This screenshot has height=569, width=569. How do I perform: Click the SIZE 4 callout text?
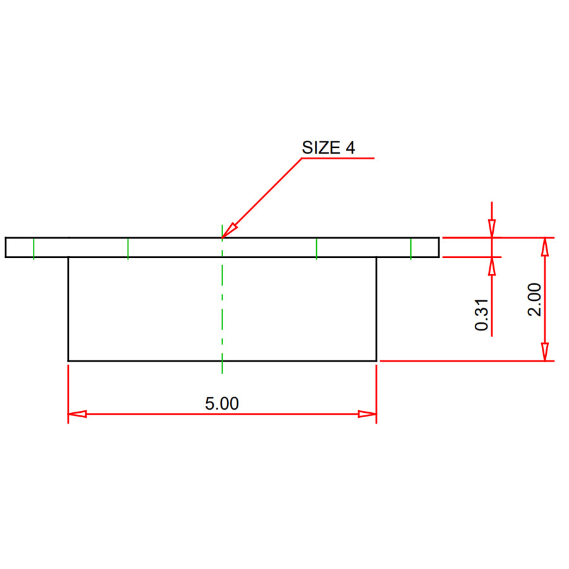click(x=328, y=148)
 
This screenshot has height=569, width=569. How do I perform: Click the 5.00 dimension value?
click(x=222, y=403)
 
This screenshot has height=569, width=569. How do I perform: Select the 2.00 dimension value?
click(x=535, y=299)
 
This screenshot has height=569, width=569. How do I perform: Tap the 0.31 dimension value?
click(x=482, y=314)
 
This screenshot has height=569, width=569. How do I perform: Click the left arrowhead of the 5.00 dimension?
click(x=76, y=414)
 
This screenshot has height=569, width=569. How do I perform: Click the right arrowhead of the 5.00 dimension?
click(x=368, y=414)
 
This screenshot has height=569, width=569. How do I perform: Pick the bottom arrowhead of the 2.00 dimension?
click(x=545, y=352)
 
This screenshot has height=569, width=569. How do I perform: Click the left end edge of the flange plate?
click(x=6, y=247)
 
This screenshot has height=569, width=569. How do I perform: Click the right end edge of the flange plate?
click(x=439, y=247)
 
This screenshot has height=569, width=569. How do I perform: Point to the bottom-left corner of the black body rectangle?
click(x=68, y=361)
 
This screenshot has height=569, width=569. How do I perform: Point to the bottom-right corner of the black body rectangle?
click(x=376, y=361)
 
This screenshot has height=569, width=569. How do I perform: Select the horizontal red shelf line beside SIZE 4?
click(x=338, y=158)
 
